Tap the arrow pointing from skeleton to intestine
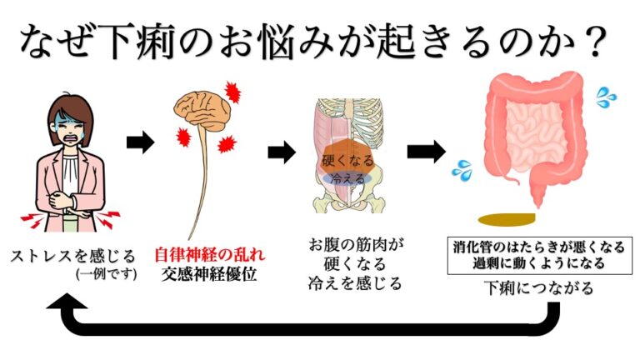[425, 151]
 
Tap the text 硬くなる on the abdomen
[347, 158]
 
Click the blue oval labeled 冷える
[347, 178]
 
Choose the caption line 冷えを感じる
[355, 283]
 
